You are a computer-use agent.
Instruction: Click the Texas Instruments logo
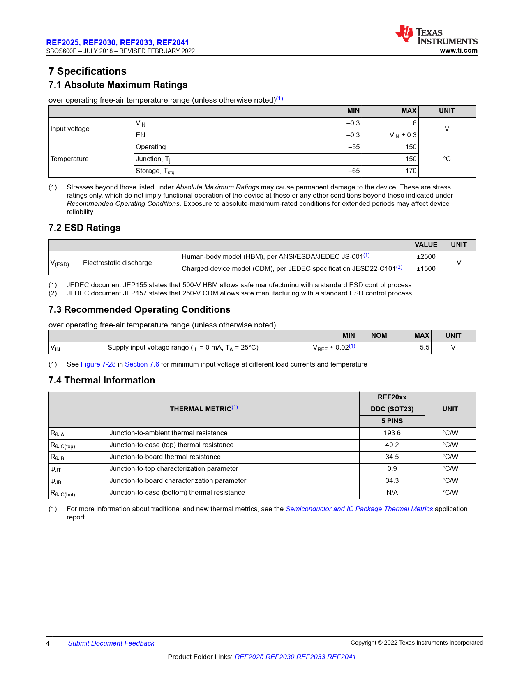point(436,35)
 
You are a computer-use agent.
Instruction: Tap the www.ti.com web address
point(459,51)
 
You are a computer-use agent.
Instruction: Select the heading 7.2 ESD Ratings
point(84,228)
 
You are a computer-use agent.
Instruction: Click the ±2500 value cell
point(426,257)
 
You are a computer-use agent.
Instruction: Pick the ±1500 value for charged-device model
point(426,269)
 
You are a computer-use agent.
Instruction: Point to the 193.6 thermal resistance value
point(392,433)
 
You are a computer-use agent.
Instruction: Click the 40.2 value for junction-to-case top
point(392,445)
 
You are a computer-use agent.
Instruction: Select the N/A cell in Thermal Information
point(392,493)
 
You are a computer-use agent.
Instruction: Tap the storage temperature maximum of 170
point(411,171)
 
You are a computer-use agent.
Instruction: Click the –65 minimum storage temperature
point(354,171)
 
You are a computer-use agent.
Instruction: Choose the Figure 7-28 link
point(98,364)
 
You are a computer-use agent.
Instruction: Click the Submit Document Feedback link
point(111,643)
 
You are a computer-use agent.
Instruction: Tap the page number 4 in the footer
point(48,643)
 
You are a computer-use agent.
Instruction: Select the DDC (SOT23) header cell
point(392,409)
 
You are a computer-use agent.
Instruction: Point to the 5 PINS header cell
point(392,421)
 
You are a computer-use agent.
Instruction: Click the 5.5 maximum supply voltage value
point(425,348)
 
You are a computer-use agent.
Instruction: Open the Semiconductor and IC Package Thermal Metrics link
point(359,509)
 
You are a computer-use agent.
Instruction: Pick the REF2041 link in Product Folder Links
point(341,657)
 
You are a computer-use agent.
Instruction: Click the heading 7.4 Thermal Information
point(102,381)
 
